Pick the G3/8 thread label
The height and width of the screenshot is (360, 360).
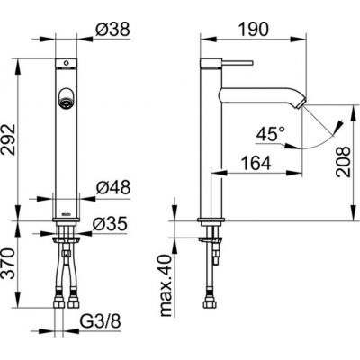(x=102, y=319)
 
